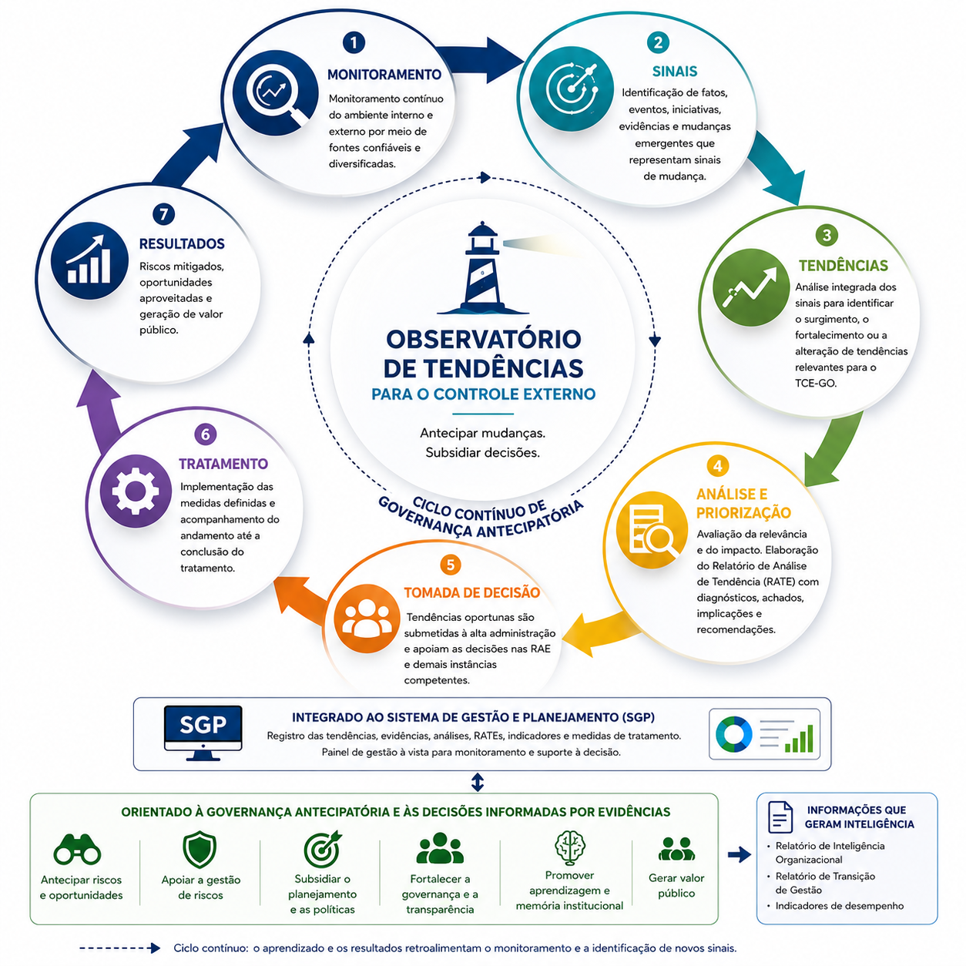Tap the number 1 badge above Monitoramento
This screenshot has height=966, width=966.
(354, 42)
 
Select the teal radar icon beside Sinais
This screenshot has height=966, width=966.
(571, 89)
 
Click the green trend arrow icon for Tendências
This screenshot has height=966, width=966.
(750, 287)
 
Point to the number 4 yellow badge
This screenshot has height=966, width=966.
(717, 466)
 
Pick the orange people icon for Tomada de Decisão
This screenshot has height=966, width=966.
(367, 618)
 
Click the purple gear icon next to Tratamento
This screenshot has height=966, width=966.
(136, 491)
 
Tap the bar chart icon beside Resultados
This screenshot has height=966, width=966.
(89, 260)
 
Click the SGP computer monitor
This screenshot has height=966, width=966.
(203, 733)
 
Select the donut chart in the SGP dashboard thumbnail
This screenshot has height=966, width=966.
(734, 734)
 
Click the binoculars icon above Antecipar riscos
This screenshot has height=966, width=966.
(77, 849)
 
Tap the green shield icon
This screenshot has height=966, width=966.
(200, 849)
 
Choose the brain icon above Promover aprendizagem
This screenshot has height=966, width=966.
(569, 847)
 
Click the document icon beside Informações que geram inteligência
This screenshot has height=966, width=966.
(780, 817)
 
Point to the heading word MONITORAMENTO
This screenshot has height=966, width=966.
(384, 75)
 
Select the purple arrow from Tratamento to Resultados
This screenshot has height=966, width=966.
(101, 410)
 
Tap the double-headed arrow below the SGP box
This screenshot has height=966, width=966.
(478, 782)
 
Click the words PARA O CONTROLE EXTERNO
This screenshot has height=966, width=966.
(483, 394)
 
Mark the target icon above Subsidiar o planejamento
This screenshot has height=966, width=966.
(322, 849)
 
